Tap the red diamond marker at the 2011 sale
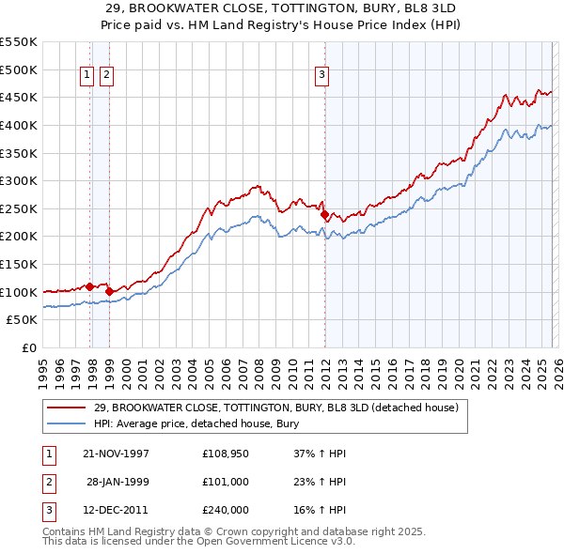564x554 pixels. [x=324, y=214]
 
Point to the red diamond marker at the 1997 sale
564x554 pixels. [x=90, y=286]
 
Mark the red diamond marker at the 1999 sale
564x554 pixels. [x=110, y=291]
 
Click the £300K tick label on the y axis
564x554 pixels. [x=19, y=180]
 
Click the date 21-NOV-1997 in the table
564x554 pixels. [x=117, y=454]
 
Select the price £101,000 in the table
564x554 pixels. [x=226, y=482]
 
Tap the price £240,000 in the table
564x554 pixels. [x=226, y=510]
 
